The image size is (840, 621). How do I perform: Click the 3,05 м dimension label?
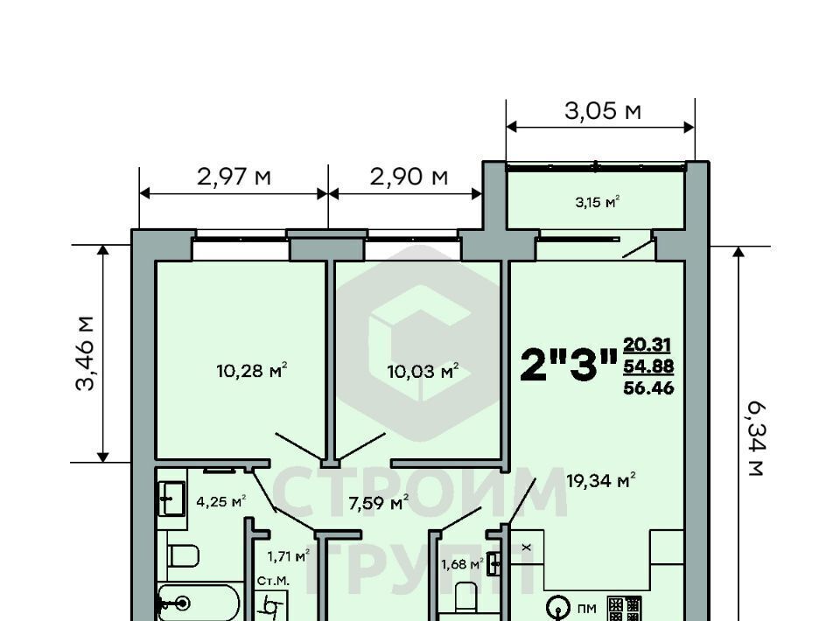pyautogui.click(x=603, y=111)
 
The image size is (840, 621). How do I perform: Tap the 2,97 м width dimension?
pyautogui.click(x=234, y=176)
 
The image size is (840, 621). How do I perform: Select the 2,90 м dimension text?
pyautogui.click(x=409, y=176)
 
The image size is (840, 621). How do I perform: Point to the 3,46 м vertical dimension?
pyautogui.click(x=85, y=354)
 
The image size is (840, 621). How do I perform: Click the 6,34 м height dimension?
pyautogui.click(x=755, y=440)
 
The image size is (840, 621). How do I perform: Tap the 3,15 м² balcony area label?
pyautogui.click(x=598, y=202)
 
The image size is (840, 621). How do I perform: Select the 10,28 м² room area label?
pyautogui.click(x=252, y=370)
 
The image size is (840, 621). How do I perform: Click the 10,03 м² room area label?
pyautogui.click(x=423, y=370)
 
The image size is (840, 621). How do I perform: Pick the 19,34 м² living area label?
pyautogui.click(x=601, y=479)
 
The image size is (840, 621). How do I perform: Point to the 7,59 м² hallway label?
pyautogui.click(x=379, y=503)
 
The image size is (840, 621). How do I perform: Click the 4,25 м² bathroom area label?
pyautogui.click(x=221, y=502)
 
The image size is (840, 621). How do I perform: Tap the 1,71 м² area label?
pyautogui.click(x=289, y=556)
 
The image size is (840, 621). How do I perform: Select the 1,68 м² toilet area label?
pyautogui.click(x=462, y=564)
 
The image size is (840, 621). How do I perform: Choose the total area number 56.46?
pyautogui.click(x=648, y=388)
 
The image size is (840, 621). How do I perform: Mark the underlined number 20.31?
pyautogui.click(x=647, y=345)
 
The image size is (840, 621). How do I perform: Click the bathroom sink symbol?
pyautogui.click(x=171, y=499)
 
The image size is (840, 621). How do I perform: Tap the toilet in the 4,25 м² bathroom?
pyautogui.click(x=183, y=555)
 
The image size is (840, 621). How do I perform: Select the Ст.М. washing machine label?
pyautogui.click(x=273, y=581)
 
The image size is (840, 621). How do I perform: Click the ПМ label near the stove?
pyautogui.click(x=587, y=609)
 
